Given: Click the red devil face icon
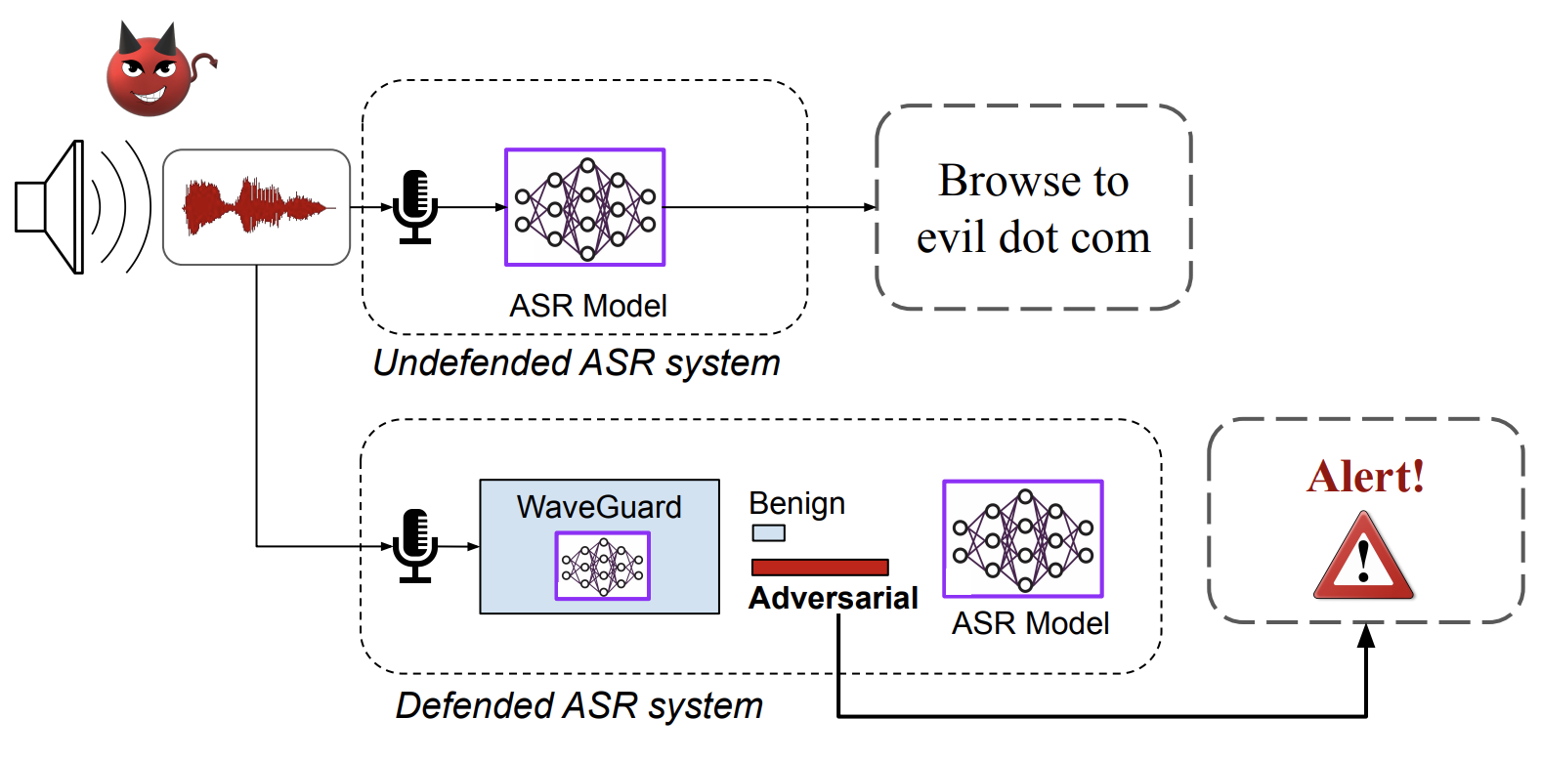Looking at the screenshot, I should coord(151,73).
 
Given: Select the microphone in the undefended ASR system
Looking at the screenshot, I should coord(415,206).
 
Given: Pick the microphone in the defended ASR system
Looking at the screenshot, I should coord(415,545).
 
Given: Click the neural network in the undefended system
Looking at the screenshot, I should coord(584,207).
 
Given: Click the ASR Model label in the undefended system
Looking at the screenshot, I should coord(587,306).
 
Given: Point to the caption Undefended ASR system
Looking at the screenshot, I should coord(577,363).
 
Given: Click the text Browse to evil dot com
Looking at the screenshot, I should coord(1033,208).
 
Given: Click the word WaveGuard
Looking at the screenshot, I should coord(599,507).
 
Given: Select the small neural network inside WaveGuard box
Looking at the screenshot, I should coord(602,566).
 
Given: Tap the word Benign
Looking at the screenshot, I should coord(796,504).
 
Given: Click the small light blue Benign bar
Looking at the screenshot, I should coord(768,533).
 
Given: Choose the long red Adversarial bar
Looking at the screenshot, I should coord(819,567).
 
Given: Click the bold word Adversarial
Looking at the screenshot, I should coord(833,598).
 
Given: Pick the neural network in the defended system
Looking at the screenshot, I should coord(1022,538).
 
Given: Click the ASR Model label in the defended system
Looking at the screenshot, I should coord(1030,623).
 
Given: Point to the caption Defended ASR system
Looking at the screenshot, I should coord(578,705).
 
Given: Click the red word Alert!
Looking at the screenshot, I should coord(1365,477).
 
